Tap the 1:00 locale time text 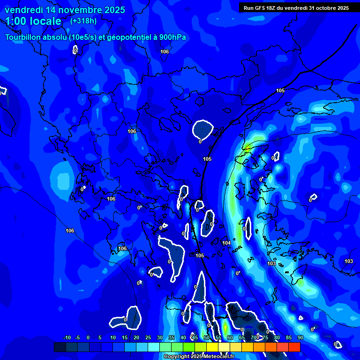33,21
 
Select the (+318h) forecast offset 83,21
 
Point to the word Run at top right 248,8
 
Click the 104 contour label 226,243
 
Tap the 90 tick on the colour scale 300,337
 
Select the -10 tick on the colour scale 67,337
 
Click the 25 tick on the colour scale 148,337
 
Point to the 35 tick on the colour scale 172,337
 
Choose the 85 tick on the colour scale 288,337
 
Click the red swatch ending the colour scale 294,347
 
